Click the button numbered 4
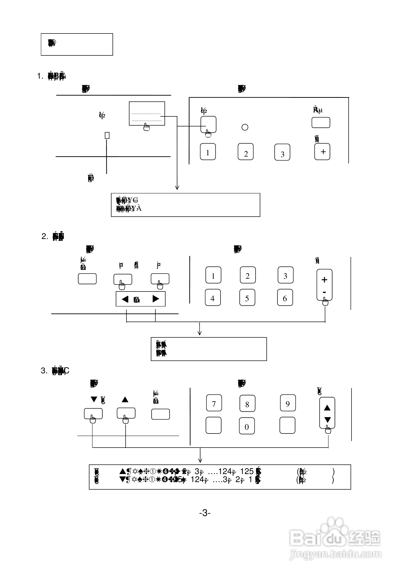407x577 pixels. coord(213,298)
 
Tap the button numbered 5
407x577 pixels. coord(247,298)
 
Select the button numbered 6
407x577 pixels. coord(285,298)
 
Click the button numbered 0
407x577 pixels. coord(247,426)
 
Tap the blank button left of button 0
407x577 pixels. coord(213,425)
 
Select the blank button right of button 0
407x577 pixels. coord(287,425)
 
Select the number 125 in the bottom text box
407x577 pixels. coord(247,471)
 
